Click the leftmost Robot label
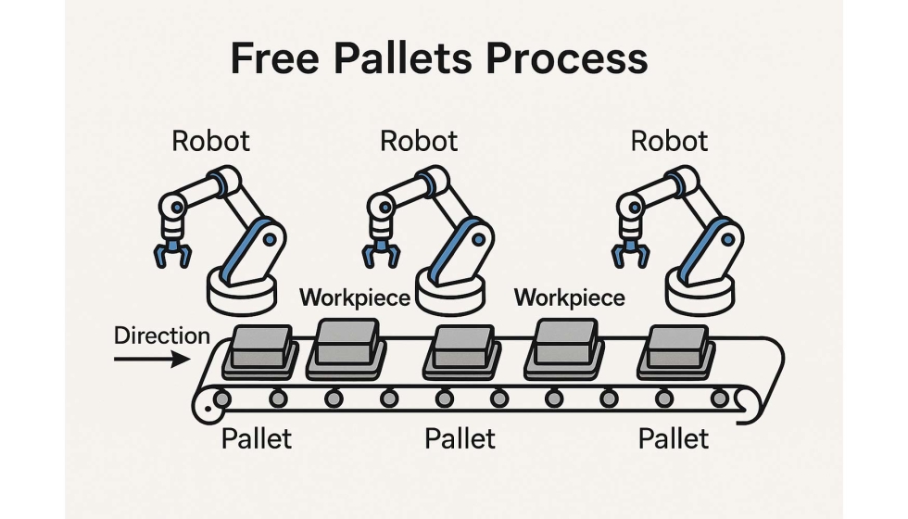coord(211,142)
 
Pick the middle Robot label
coord(419,142)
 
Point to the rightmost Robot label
coord(669,142)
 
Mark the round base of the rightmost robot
coord(701,289)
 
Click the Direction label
coord(162,335)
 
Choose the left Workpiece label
coord(356,297)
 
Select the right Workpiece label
coord(569,297)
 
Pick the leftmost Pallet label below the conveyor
coord(257,438)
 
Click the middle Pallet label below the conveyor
coord(460,438)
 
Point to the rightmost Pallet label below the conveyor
coord(674,438)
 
